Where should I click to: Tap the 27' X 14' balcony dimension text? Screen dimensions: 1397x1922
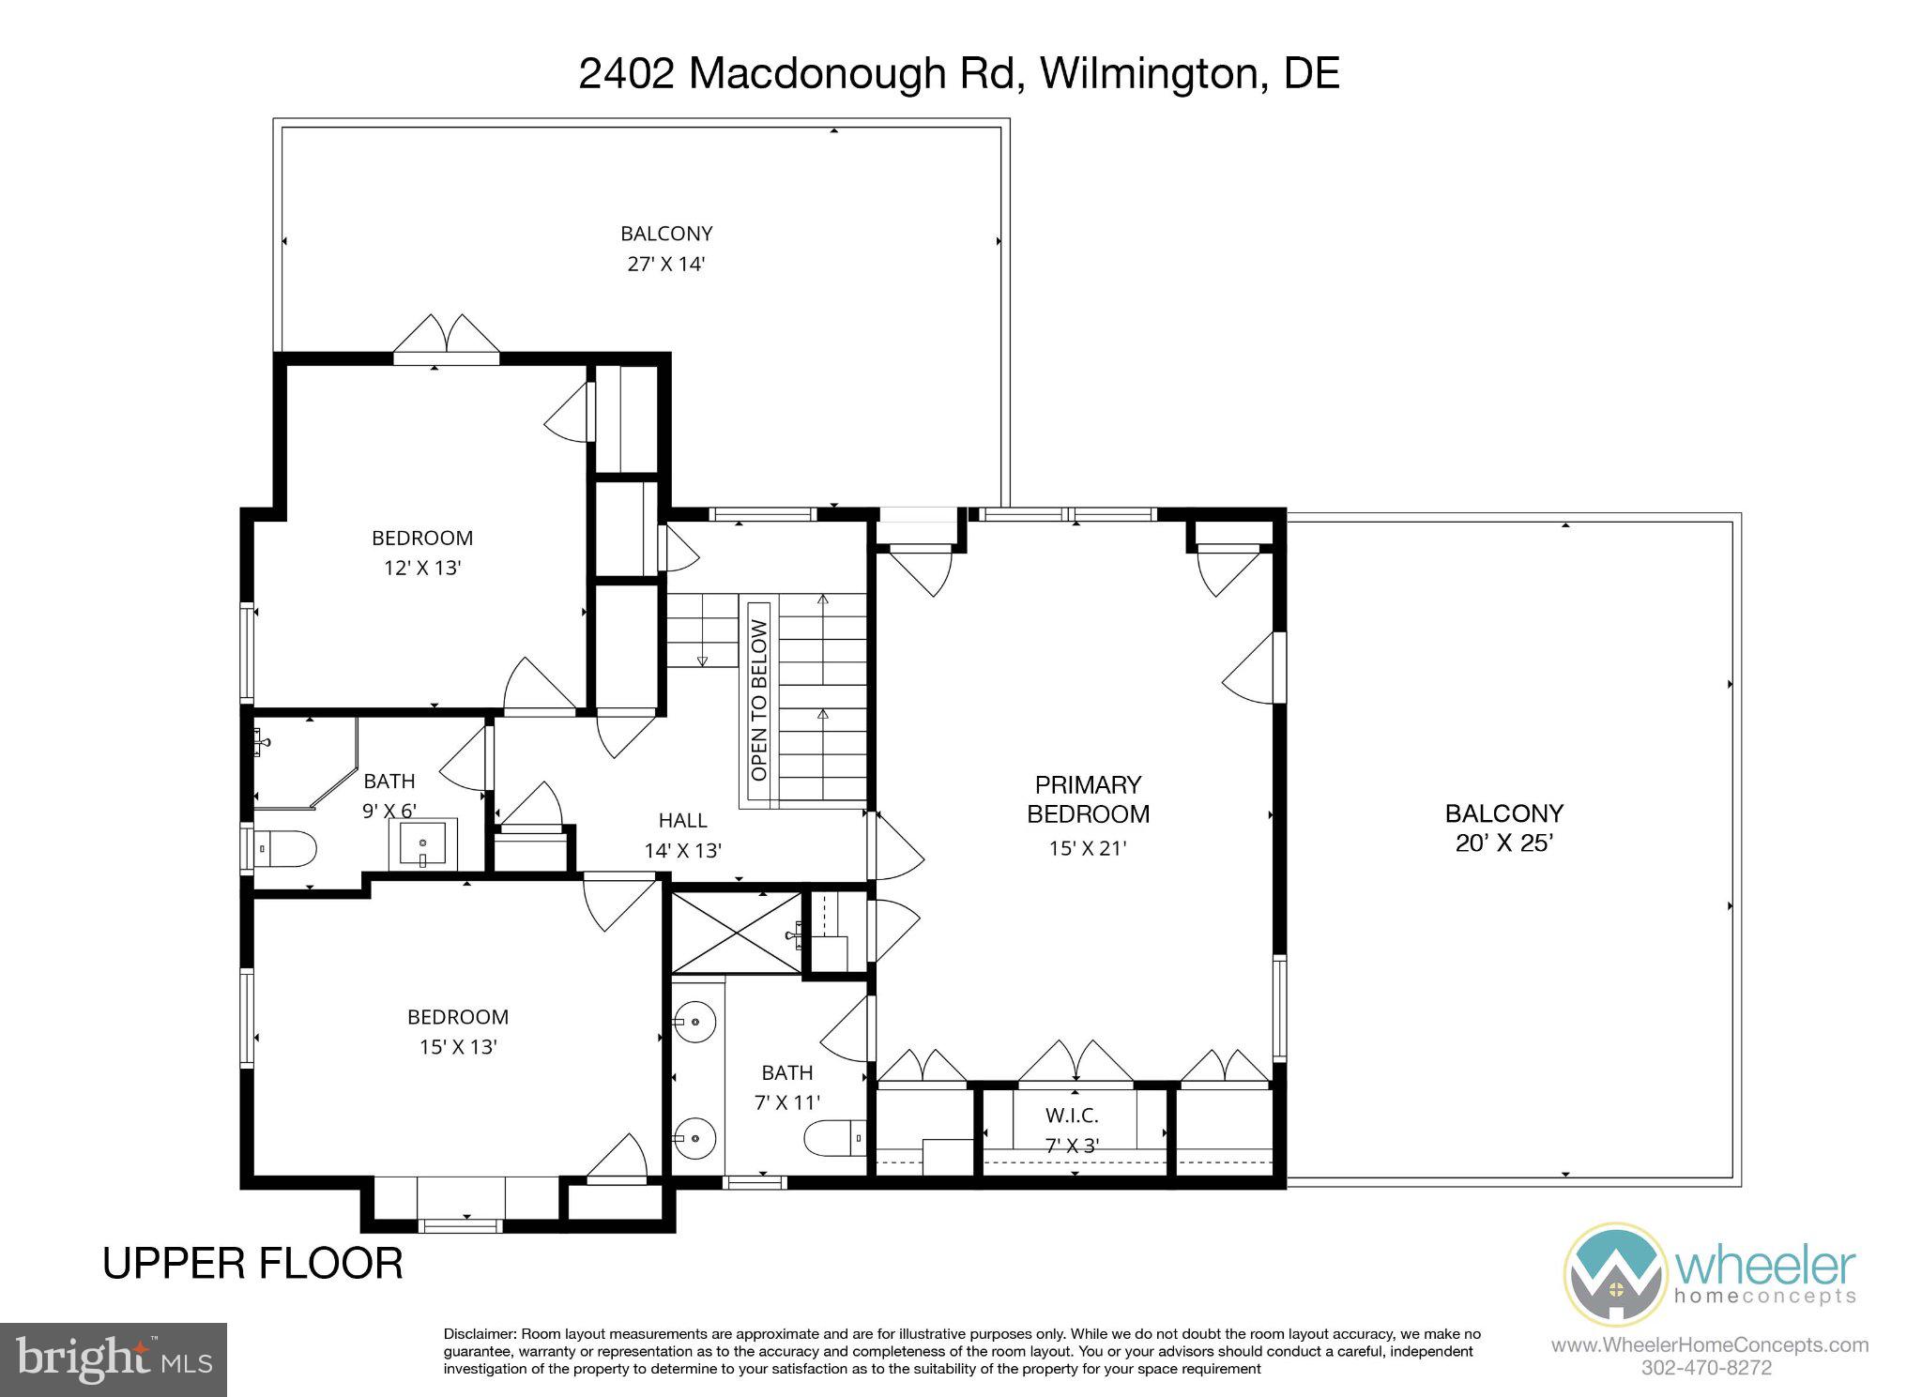pyautogui.click(x=665, y=264)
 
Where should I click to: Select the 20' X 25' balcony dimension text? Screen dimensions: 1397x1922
pyautogui.click(x=1503, y=843)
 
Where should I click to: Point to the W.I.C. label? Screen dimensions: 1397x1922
pyautogui.click(x=1072, y=1116)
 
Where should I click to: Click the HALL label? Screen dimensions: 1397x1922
pyautogui.click(x=682, y=821)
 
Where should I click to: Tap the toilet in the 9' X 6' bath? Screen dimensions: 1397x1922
pyautogui.click(x=283, y=849)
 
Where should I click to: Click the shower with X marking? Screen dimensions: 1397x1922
pyautogui.click(x=737, y=933)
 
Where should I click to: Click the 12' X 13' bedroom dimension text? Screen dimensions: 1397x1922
pyautogui.click(x=421, y=568)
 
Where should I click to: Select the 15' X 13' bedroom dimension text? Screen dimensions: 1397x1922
pyautogui.click(x=457, y=1047)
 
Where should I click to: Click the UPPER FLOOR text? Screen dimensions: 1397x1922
pyautogui.click(x=252, y=1264)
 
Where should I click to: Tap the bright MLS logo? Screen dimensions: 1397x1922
pyautogui.click(x=114, y=1359)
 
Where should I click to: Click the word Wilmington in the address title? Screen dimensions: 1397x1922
pyautogui.click(x=1149, y=73)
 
